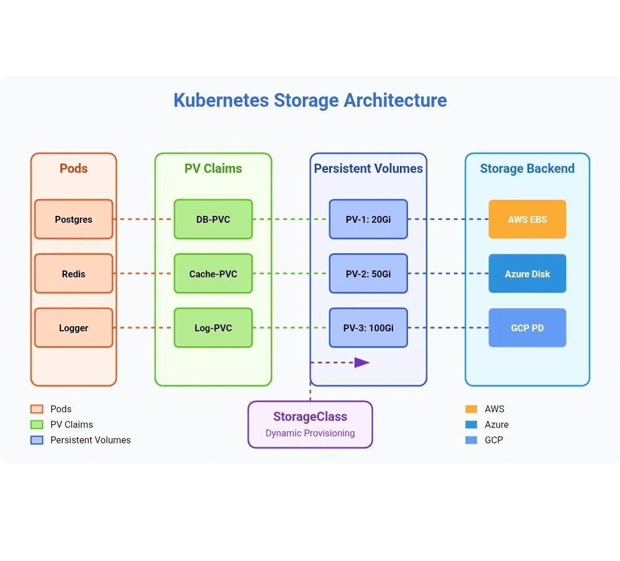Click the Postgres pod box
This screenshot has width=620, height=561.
coord(74,219)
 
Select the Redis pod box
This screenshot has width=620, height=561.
coord(74,273)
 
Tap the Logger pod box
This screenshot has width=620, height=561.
coord(74,327)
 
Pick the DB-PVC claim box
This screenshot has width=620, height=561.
coord(213,219)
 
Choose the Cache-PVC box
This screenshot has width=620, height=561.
coord(213,273)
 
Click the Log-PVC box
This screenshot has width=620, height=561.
coord(213,327)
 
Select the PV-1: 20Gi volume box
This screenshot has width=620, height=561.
coord(368,219)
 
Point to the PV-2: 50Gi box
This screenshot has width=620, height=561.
coord(368,273)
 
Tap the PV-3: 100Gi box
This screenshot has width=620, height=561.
coord(368,327)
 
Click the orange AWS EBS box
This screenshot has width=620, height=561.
coord(527,219)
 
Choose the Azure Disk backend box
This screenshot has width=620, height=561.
coord(527,273)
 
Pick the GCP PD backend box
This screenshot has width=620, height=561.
coord(527,327)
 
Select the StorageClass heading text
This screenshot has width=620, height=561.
coord(310,416)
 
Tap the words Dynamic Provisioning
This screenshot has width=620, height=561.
coord(310,433)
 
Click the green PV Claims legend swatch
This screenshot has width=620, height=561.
coord(37,424)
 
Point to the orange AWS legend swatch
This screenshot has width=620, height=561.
coord(471,409)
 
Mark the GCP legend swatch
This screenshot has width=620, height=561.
coord(471,440)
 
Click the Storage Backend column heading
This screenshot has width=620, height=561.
coord(527,168)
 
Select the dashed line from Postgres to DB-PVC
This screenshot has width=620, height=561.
coord(144,219)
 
